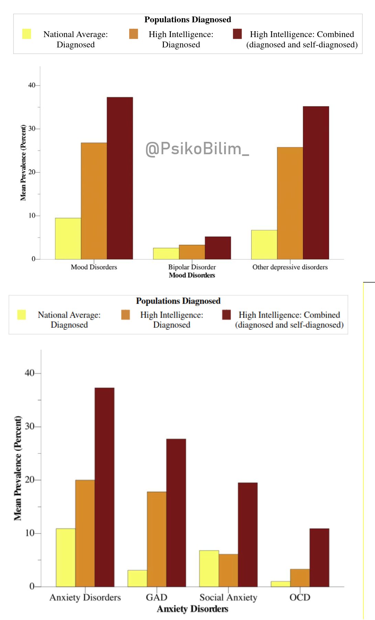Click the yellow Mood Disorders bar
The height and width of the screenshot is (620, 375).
(x=68, y=238)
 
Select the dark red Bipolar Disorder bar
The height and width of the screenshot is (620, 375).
(x=218, y=248)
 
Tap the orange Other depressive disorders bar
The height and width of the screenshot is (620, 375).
(x=290, y=203)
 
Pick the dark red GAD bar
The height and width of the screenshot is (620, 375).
(x=176, y=512)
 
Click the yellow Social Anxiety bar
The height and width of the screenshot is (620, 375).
(x=209, y=568)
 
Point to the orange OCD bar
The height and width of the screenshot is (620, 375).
(x=300, y=578)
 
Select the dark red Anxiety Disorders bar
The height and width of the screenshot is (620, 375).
(x=104, y=487)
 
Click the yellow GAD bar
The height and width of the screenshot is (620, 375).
(x=137, y=578)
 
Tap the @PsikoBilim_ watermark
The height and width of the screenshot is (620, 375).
(x=197, y=149)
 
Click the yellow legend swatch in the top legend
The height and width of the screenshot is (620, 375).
(x=26, y=34)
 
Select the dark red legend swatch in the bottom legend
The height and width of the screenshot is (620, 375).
(x=227, y=315)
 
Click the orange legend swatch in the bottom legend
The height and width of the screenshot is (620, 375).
(x=125, y=315)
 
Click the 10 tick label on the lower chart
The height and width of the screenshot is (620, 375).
(x=30, y=533)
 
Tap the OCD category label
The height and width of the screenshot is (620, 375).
(x=300, y=597)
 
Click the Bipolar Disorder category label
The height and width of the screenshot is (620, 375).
(x=192, y=267)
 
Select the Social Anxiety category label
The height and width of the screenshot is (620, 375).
(x=228, y=597)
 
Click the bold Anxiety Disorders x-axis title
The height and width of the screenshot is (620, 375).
(x=192, y=609)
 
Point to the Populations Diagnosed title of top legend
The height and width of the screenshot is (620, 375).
(x=188, y=20)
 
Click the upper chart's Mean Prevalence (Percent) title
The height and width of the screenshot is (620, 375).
(x=23, y=163)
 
